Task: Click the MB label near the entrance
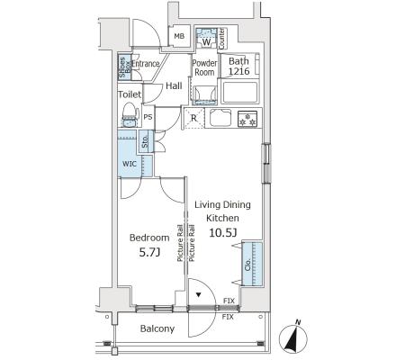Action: click(179, 36)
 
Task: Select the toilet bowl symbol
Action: click(130, 114)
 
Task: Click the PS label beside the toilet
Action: click(148, 117)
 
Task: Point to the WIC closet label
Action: click(130, 164)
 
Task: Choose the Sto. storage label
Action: click(145, 141)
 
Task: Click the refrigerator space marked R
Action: click(193, 118)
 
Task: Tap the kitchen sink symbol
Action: click(220, 118)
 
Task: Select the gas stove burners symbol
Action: click(247, 119)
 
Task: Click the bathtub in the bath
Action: click(240, 92)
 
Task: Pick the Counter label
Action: click(222, 39)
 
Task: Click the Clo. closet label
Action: click(247, 265)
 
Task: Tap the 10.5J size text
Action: click(223, 233)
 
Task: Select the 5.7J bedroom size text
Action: click(149, 253)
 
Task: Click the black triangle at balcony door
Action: click(198, 294)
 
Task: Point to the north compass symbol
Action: click(293, 338)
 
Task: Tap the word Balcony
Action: click(157, 328)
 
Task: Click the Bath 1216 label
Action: click(238, 66)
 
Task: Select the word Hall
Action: click(174, 85)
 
